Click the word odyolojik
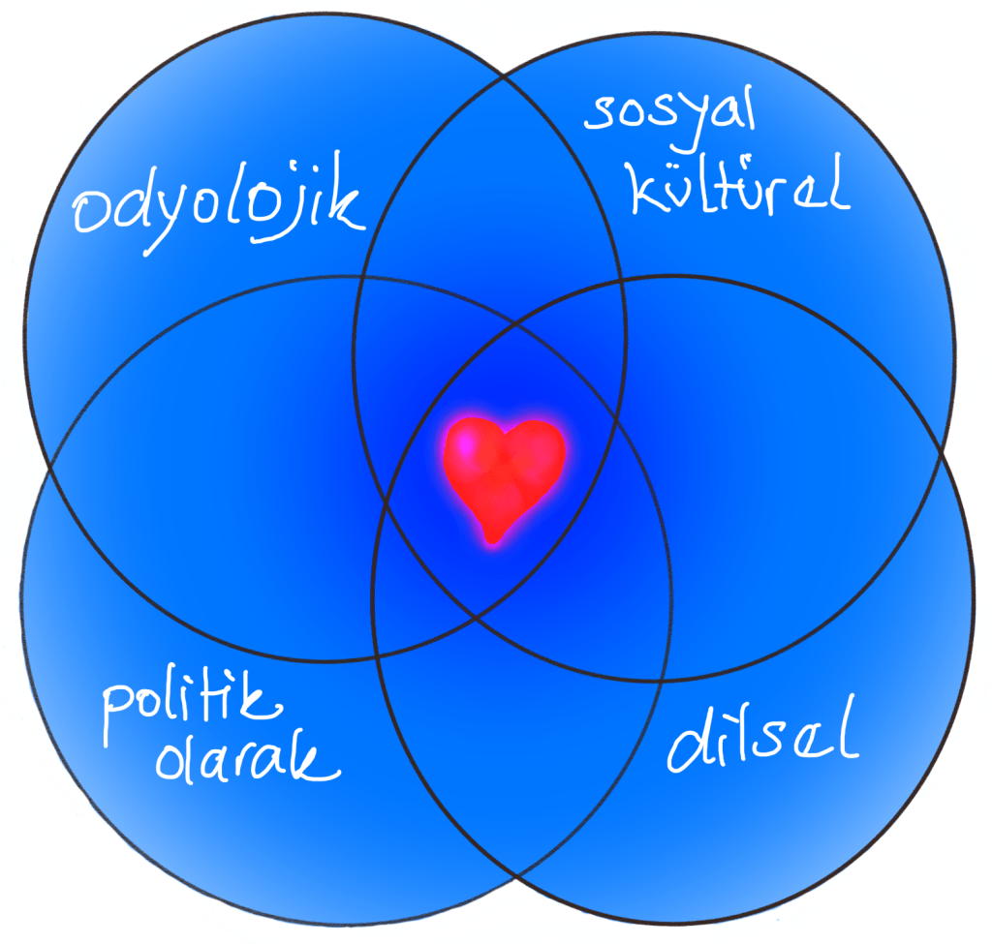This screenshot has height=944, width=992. (219, 208)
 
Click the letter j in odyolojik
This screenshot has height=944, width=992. (308, 208)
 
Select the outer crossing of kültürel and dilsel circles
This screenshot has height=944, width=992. (945, 453)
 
